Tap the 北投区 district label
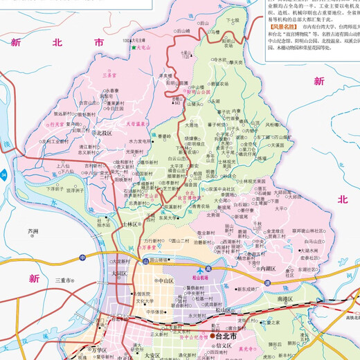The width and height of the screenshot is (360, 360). (x=104, y=132)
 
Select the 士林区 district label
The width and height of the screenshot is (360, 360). (x=132, y=224)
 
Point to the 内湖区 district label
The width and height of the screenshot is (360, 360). (x=268, y=268)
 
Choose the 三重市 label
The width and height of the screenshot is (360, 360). (x=64, y=280)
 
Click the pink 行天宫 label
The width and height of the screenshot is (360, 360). (x=55, y=125)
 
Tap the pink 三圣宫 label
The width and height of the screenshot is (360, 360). (x=109, y=74)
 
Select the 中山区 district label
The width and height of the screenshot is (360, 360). (x=164, y=281)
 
